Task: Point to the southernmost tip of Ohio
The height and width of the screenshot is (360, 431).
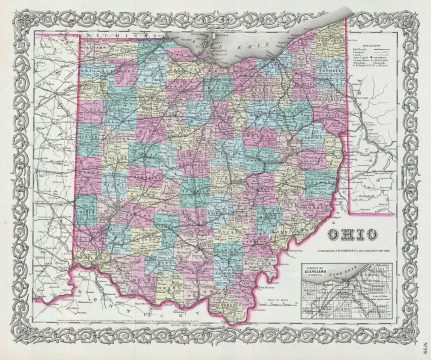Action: pyautogui.click(x=232, y=323)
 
